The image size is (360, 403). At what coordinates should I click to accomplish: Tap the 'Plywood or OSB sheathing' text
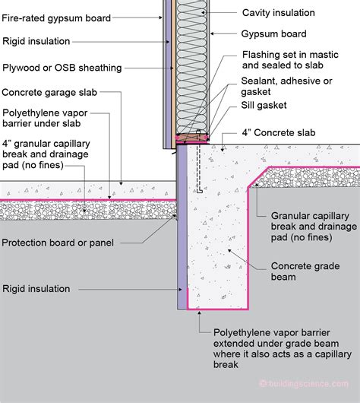(x=62, y=68)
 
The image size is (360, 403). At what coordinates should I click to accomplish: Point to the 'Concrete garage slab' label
(x=48, y=94)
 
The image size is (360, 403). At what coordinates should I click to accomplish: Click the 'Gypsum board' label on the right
(x=274, y=34)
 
